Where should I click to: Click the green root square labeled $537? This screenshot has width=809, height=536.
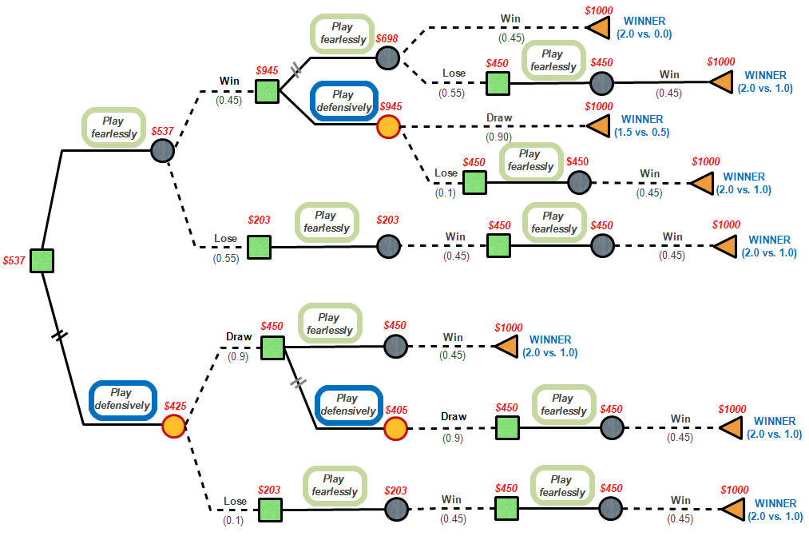tap(42, 260)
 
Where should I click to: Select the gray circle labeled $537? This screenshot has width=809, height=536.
tap(163, 151)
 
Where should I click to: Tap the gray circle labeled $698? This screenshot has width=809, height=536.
tap(387, 57)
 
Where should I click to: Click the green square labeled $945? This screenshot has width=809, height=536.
tap(267, 91)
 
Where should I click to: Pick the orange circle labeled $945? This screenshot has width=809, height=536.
tap(388, 125)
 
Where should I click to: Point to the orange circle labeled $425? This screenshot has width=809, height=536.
tap(173, 426)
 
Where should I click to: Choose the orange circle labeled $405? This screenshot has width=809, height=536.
tap(395, 429)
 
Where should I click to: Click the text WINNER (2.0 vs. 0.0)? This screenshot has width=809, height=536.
tap(644, 28)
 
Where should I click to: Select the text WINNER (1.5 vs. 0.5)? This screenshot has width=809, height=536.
tap(644, 126)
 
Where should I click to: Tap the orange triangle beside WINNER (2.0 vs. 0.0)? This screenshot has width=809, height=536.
tap(598, 28)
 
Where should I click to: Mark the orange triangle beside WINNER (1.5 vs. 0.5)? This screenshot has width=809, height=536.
tap(598, 125)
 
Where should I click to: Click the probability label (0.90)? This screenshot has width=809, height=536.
tap(499, 137)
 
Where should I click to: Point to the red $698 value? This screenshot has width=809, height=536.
tap(387, 38)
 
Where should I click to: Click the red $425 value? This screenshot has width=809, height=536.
tap(175, 406)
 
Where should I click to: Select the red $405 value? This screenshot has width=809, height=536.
tap(396, 410)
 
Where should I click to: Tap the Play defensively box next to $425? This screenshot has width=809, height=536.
tap(121, 399)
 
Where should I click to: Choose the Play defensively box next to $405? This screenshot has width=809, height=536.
tap(347, 404)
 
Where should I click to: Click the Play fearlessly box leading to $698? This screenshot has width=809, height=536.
tap(342, 34)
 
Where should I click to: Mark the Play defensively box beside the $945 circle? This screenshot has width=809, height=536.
tap(343, 101)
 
